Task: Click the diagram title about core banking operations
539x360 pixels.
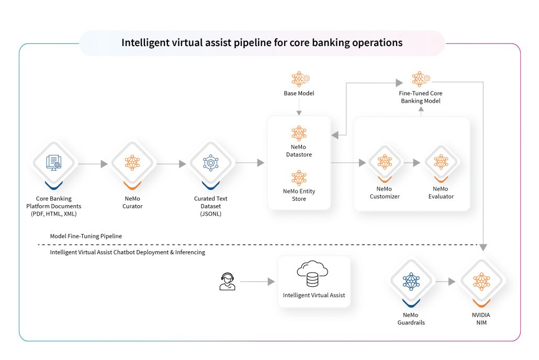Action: pyautogui.click(x=262, y=43)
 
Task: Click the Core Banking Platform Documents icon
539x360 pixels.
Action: pyautogui.click(x=54, y=163)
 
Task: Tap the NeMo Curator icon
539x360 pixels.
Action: pyautogui.click(x=132, y=163)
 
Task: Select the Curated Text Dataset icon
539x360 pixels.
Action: pyautogui.click(x=210, y=163)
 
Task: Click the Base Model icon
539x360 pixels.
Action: pyautogui.click(x=299, y=80)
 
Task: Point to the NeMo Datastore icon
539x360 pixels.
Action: pyautogui.click(x=299, y=133)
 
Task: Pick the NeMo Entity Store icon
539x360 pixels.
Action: pyautogui.click(x=299, y=177)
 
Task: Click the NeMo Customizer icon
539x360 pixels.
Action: pyautogui.click(x=385, y=163)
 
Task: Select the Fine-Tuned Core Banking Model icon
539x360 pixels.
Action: pyautogui.click(x=420, y=80)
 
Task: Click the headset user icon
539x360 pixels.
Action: pyautogui.click(x=227, y=282)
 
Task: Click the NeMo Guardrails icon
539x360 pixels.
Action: pyautogui.click(x=411, y=282)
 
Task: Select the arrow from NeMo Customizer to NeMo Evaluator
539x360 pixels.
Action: pyautogui.click(x=413, y=163)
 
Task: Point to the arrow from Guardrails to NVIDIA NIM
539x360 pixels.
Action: pyautogui.click(x=446, y=282)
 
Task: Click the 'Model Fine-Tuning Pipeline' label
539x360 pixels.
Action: pyautogui.click(x=86, y=236)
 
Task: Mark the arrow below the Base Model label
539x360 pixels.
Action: pyautogui.click(x=299, y=107)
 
